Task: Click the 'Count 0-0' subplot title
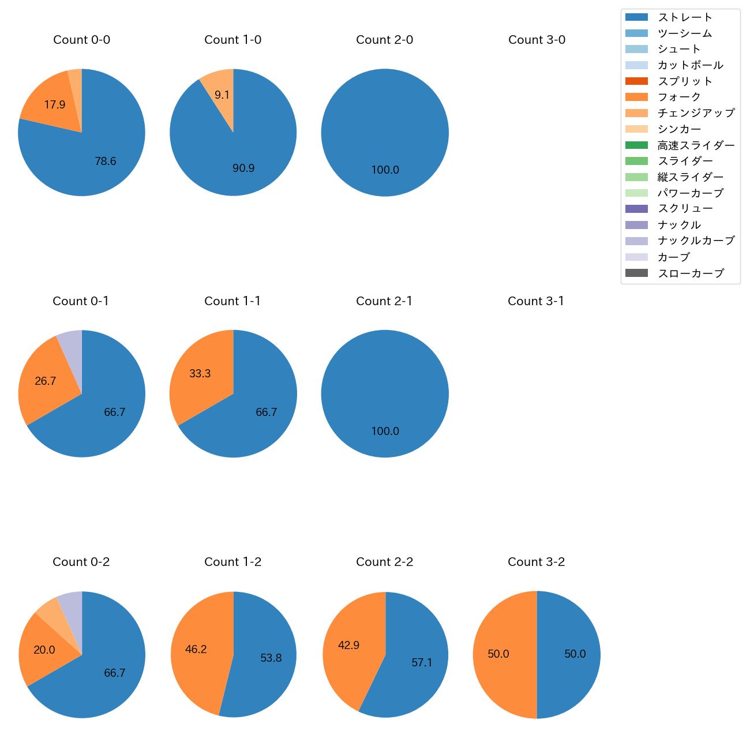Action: tap(81, 40)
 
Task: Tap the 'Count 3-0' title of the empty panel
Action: tap(537, 40)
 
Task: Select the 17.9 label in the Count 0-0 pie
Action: tap(55, 104)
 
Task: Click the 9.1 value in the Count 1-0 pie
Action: tap(222, 95)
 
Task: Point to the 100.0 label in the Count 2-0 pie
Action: tap(385, 170)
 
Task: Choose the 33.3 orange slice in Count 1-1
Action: tap(200, 373)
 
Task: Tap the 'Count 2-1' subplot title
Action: tap(384, 301)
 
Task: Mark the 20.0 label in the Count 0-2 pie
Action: tap(44, 650)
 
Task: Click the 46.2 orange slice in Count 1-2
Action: tap(196, 649)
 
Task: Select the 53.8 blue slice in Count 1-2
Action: tap(271, 658)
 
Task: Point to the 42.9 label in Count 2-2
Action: tap(348, 645)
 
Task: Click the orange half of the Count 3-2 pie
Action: tap(499, 654)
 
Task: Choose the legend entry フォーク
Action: tap(679, 97)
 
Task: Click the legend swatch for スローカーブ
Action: tap(636, 273)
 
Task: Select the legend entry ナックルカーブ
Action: tap(696, 241)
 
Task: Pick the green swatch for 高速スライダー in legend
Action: tap(636, 145)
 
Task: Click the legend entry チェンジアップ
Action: tap(696, 113)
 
